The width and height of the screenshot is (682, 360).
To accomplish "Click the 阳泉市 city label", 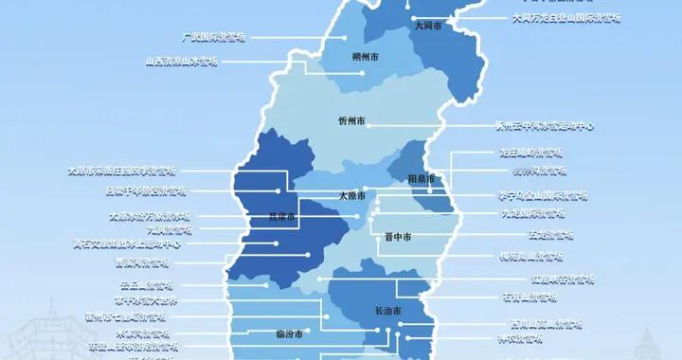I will pos(421,178).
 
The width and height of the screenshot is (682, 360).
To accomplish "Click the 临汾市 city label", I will pos(288,334).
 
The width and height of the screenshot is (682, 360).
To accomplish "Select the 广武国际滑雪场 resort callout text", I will pos(213,37).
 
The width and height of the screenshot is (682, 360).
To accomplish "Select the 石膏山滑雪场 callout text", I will pos(529,297).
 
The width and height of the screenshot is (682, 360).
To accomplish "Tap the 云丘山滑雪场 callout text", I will pos(146,285).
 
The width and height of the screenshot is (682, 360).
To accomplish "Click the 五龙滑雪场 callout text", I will pos(550,234).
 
